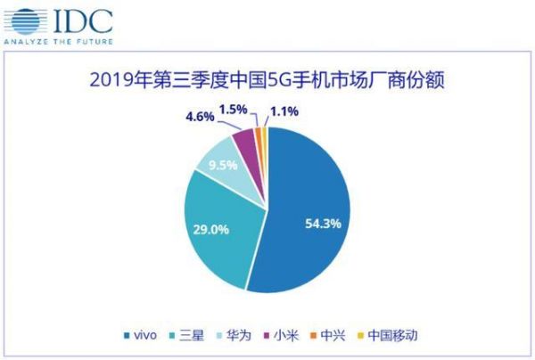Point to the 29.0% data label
[211, 229]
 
